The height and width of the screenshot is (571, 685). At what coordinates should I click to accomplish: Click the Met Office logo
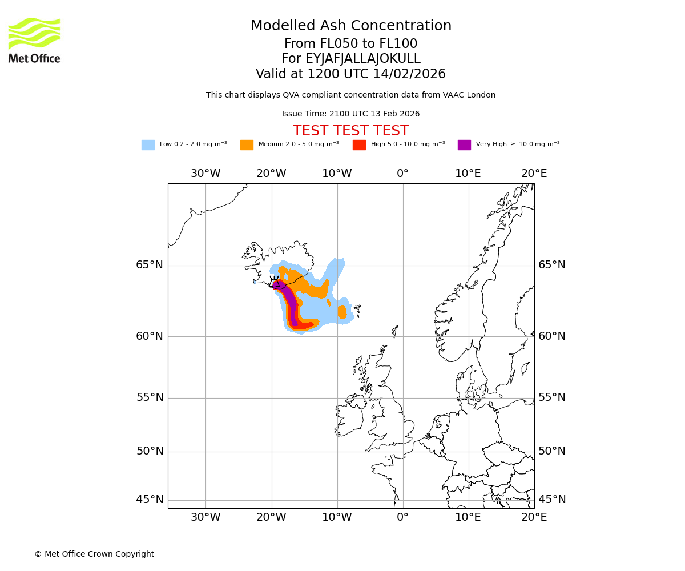pos(34,40)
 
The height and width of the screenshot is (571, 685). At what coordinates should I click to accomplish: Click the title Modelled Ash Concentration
pos(350,26)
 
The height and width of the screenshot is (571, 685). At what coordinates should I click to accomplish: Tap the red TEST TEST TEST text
pos(350,131)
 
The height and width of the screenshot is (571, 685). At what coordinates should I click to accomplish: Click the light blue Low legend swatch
pos(148,145)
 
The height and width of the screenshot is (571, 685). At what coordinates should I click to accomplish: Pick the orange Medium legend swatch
pos(247,145)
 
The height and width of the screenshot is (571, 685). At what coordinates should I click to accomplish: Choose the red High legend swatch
pos(359,145)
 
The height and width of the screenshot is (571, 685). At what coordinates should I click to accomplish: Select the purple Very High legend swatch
pos(464,145)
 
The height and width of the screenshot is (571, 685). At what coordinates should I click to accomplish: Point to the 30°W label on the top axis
pos(205,174)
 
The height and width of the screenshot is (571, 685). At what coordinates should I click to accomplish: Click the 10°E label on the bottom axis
pos(468,517)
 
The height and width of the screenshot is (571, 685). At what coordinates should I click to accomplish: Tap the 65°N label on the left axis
pos(150,265)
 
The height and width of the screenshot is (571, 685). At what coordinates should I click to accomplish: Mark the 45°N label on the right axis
pos(552,500)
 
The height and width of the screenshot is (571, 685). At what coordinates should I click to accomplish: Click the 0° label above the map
pos(402,174)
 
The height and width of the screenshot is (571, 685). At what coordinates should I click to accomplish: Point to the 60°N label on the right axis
pos(552,336)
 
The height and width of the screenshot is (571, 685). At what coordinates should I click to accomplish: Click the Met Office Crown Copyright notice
pos(94,554)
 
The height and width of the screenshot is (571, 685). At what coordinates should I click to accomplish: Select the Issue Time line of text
pos(350,114)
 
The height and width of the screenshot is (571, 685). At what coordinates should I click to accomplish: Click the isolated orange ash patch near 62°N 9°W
pos(341,312)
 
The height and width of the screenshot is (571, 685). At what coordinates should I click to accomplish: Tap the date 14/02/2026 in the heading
pos(409,74)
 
